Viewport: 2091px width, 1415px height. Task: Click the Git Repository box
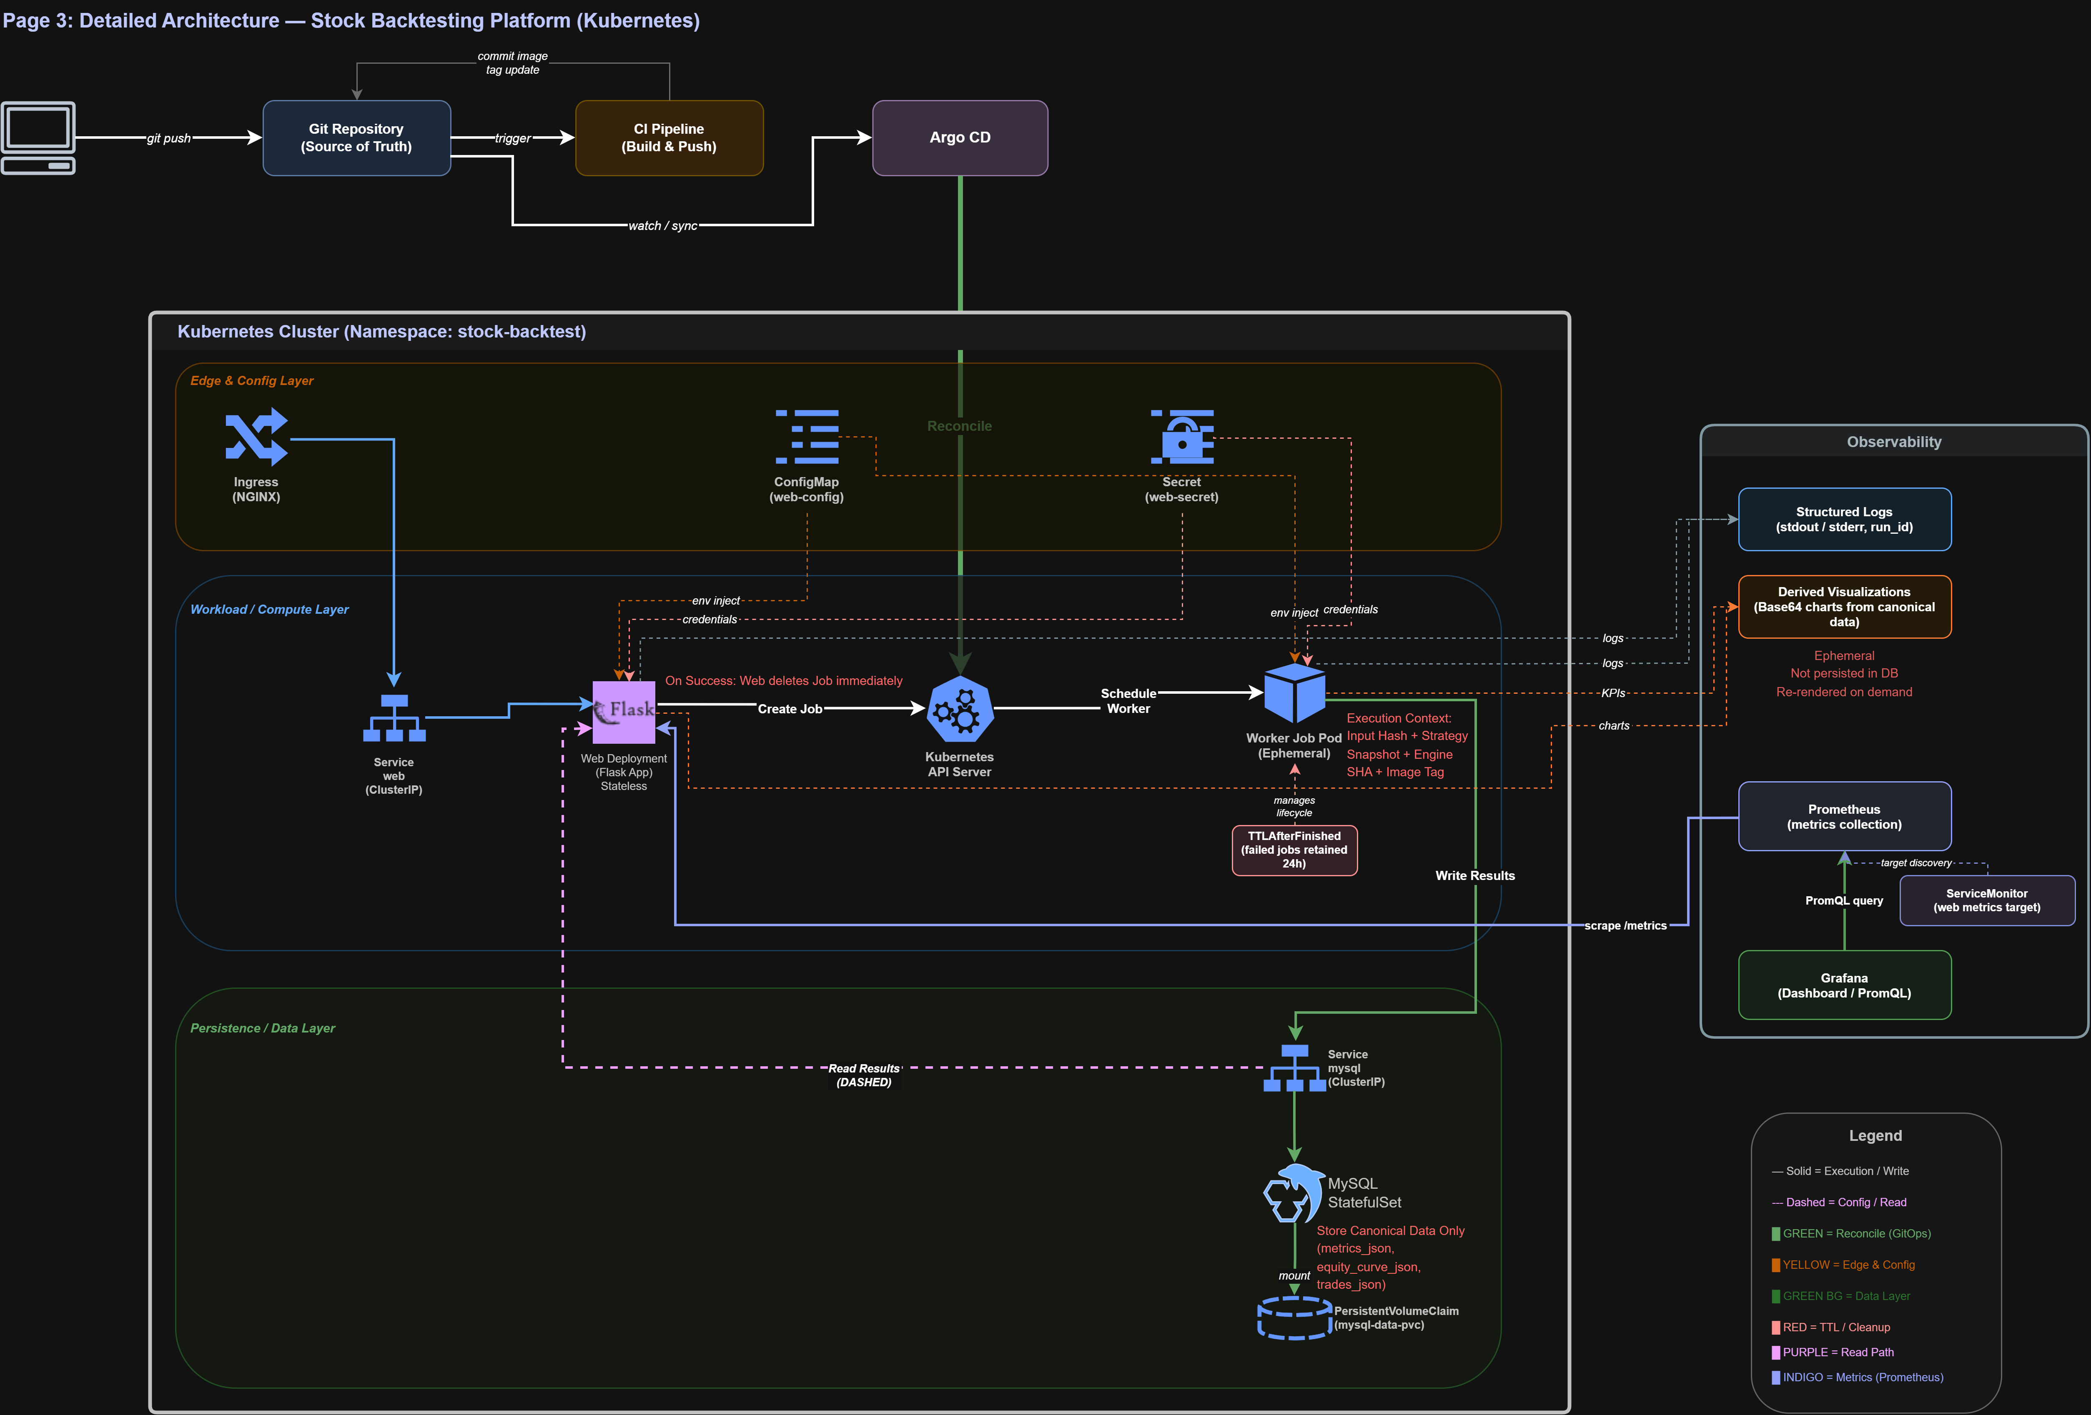(356, 137)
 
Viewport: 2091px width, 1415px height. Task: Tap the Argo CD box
(960, 137)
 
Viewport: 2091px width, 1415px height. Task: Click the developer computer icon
(38, 137)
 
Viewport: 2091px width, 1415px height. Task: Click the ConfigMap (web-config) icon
(807, 437)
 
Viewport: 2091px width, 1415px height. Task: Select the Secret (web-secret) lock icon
(1182, 437)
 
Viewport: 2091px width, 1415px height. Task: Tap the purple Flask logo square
(624, 712)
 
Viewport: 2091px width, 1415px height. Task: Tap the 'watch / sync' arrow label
(663, 226)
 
